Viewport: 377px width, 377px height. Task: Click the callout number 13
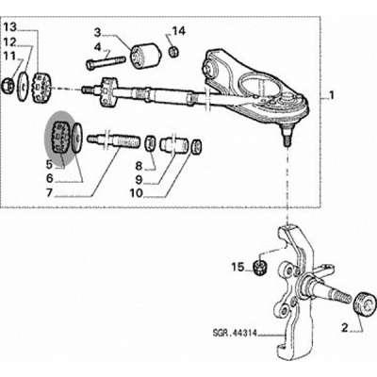[10, 27]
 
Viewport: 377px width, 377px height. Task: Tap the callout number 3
[98, 32]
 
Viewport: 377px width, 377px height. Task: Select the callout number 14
[179, 31]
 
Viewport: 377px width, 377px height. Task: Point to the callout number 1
[331, 95]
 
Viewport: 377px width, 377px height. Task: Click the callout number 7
[49, 192]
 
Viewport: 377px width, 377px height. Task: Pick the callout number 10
[137, 193]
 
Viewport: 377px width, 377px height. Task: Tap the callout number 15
[238, 268]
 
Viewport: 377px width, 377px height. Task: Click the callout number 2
[345, 329]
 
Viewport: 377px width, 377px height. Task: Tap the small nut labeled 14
[172, 52]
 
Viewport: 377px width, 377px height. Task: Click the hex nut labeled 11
[8, 86]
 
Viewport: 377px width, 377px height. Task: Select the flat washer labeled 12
[23, 87]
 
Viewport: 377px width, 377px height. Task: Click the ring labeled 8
[150, 143]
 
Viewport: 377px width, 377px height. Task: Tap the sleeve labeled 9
[172, 144]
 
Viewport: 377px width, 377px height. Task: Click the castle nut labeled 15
[260, 267]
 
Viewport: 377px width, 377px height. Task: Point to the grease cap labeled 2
[365, 302]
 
